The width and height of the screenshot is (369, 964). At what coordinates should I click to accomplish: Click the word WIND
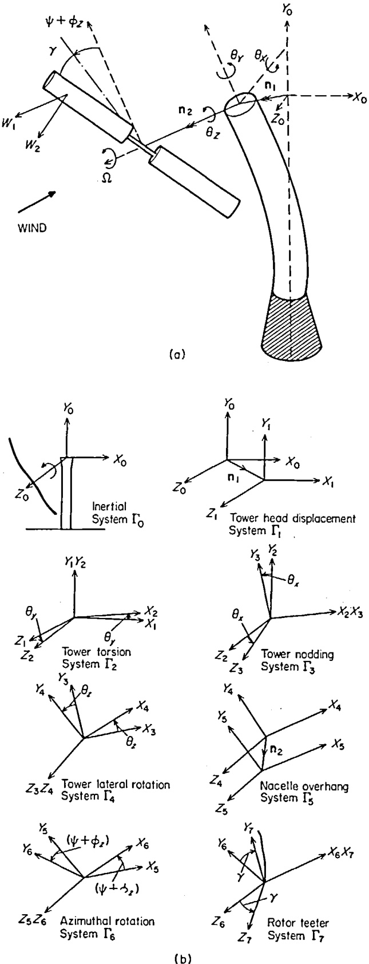tap(28, 227)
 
